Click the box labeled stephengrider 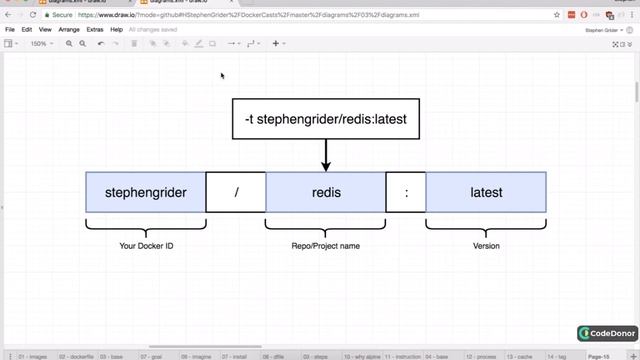tap(146, 192)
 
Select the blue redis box tap(326, 192)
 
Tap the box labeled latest tap(486, 192)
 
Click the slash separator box tap(236, 192)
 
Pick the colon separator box tap(406, 192)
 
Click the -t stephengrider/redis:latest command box tap(326, 120)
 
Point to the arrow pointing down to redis tap(326, 156)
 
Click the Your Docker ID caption tap(146, 245)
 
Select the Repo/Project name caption tap(326, 245)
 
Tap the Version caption tap(486, 245)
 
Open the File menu tap(10, 30)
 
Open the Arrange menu tap(69, 30)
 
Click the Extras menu tap(95, 30)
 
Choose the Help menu tap(117, 30)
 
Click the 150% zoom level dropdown tap(40, 44)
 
